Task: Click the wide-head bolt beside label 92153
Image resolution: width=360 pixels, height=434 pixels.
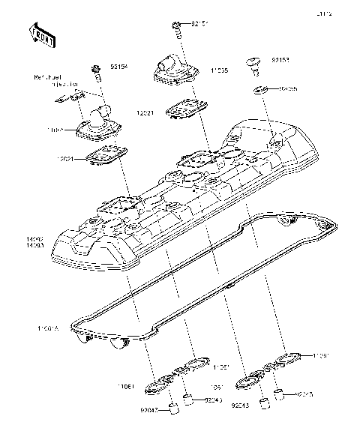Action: point(255,65)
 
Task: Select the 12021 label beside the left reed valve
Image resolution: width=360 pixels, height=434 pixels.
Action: point(65,159)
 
